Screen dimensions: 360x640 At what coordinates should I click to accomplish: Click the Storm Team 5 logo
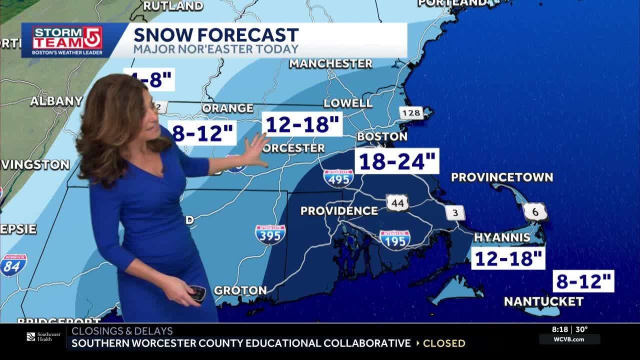[x=67, y=39]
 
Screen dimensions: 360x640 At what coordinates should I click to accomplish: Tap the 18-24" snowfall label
[x=397, y=161]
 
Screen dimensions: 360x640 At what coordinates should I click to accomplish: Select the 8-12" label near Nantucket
[x=583, y=281]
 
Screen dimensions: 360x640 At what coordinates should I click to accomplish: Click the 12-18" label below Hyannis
[x=508, y=258]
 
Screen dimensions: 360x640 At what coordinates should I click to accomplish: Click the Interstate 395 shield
[x=270, y=234]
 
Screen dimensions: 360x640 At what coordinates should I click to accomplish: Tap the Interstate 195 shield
[x=394, y=240]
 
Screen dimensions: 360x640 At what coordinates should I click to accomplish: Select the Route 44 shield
[x=397, y=202]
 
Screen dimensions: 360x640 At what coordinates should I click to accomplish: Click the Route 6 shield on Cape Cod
[x=535, y=212]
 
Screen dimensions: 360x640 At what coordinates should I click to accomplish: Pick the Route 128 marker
[x=411, y=113]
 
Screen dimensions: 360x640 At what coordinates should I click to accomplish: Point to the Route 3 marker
[x=455, y=213]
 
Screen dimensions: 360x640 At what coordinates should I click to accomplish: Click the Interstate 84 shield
[x=13, y=265]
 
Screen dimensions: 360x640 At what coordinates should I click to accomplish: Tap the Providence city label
[x=339, y=210]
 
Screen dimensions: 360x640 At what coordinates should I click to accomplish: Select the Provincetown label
[x=501, y=177]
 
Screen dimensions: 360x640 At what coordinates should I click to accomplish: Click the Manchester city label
[x=330, y=63]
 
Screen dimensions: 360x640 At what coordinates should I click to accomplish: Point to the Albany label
[x=56, y=101]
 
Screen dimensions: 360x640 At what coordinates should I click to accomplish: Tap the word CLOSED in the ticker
[x=444, y=343]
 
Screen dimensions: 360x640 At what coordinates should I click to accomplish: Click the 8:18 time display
[x=560, y=329]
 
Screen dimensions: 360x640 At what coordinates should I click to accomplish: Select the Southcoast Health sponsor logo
[x=43, y=336]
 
